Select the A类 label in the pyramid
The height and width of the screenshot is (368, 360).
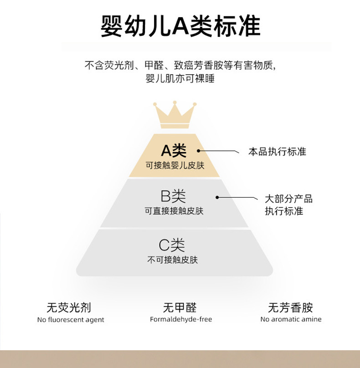coord(174,151)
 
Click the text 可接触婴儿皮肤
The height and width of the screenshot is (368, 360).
coord(175,165)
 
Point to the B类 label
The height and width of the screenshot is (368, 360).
coord(174,197)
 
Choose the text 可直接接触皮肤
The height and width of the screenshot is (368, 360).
coord(174,211)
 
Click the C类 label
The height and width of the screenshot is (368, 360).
coord(172,246)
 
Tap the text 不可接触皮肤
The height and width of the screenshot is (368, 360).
coord(172,260)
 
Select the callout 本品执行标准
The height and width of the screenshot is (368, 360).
coord(277,152)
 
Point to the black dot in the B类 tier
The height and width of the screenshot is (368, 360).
coord(217,197)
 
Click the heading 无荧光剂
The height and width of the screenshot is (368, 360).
coord(72,307)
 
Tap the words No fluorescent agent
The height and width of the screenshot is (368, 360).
coord(71,320)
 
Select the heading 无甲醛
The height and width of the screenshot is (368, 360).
coord(180,307)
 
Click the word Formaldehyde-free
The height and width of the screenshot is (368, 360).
coord(181,319)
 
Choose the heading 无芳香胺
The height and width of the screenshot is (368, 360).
coord(291,307)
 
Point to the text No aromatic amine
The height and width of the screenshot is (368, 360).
coord(291,319)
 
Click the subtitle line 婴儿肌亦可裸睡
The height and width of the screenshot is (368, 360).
coord(180,78)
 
